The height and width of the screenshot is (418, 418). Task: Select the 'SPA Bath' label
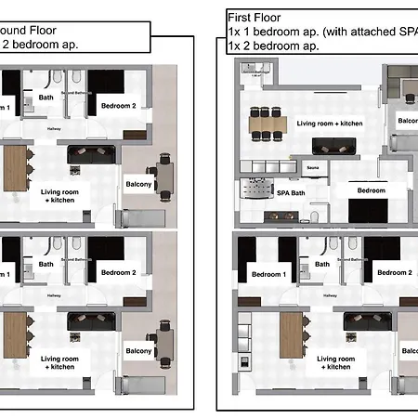pyautogui.click(x=291, y=193)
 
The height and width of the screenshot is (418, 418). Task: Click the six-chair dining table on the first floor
pyautogui.click(x=267, y=124)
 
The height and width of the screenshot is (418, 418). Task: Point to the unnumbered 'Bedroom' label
pyautogui.click(x=372, y=189)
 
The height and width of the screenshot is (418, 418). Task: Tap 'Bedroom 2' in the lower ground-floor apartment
pyautogui.click(x=118, y=272)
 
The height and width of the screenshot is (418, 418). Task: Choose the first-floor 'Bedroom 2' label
pyautogui.click(x=394, y=273)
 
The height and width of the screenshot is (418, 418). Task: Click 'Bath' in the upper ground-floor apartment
pyautogui.click(x=46, y=97)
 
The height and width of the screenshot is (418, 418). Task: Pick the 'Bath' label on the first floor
pyautogui.click(x=322, y=264)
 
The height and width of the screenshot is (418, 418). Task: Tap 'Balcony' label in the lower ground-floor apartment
pyautogui.click(x=139, y=350)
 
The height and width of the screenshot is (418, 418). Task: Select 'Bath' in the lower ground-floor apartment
pyautogui.click(x=46, y=263)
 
